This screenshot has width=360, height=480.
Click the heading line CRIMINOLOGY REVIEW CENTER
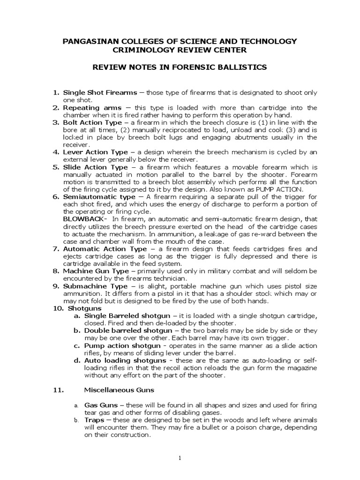pos(180,50)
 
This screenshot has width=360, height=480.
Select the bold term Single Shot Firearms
pos(100,93)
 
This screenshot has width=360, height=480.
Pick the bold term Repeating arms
pos(92,108)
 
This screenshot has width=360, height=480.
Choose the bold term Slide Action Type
pos(95,167)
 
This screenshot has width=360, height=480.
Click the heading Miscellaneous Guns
pos(119,390)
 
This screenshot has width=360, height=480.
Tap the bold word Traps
pos(94,420)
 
